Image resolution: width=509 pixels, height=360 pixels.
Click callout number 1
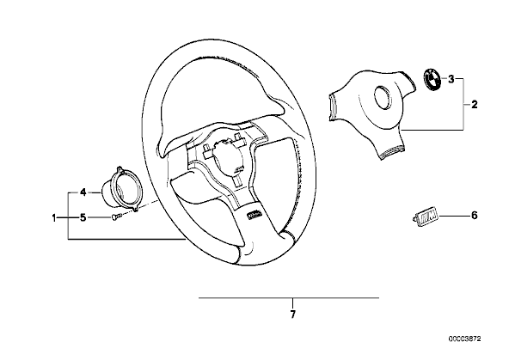(x=54, y=217)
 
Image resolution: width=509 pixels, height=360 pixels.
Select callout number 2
(x=475, y=105)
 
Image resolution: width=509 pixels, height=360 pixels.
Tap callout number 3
(x=451, y=79)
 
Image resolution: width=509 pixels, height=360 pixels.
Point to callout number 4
(x=83, y=192)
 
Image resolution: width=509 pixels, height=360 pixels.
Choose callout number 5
(x=83, y=217)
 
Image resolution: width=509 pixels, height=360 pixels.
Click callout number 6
(x=475, y=216)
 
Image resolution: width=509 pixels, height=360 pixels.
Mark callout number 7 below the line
(x=293, y=314)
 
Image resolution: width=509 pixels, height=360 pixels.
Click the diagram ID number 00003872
(x=465, y=339)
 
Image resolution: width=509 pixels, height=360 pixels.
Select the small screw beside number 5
(x=116, y=217)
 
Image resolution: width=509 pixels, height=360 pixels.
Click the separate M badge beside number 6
(x=426, y=217)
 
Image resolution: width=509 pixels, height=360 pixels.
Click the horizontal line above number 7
(x=289, y=298)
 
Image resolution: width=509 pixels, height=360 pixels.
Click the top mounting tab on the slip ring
(x=119, y=170)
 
